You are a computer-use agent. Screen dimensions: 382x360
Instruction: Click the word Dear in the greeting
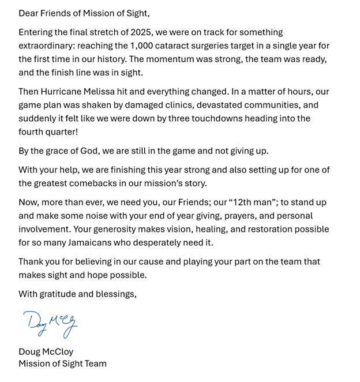[x=28, y=13]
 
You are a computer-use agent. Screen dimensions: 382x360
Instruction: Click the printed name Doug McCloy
[x=46, y=351]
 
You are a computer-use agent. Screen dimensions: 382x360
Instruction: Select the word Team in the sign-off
[x=95, y=364]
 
